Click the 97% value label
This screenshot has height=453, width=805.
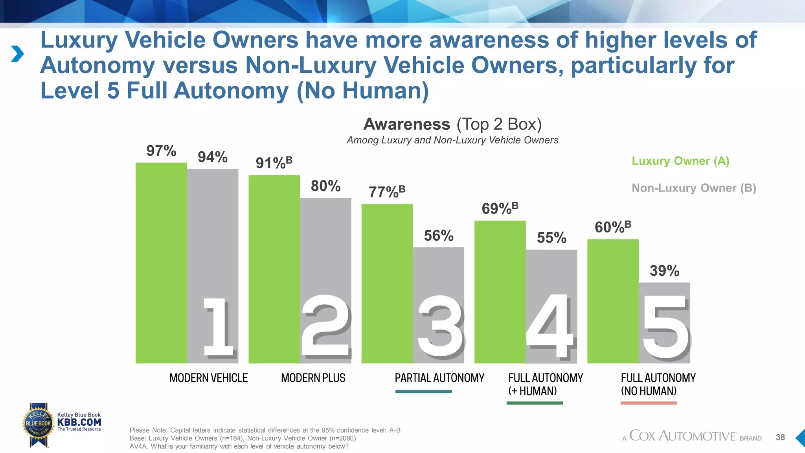point(161,151)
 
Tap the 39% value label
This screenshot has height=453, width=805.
point(664,271)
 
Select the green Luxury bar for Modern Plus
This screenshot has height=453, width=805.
point(274,267)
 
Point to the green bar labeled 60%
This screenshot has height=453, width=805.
point(613,299)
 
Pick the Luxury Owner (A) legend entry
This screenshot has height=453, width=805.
point(680,161)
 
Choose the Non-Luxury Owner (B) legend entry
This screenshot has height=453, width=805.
point(694,188)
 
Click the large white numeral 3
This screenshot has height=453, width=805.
point(440,326)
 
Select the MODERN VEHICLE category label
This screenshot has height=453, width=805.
point(208,378)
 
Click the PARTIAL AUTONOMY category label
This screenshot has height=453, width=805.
point(439,378)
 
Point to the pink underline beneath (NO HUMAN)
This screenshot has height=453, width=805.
point(649,403)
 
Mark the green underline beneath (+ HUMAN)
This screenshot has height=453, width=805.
point(535,403)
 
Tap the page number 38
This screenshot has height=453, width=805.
point(780,437)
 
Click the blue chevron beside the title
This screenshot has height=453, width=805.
point(17,54)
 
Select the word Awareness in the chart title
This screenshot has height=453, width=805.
point(407,124)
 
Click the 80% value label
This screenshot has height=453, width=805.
point(325,186)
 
